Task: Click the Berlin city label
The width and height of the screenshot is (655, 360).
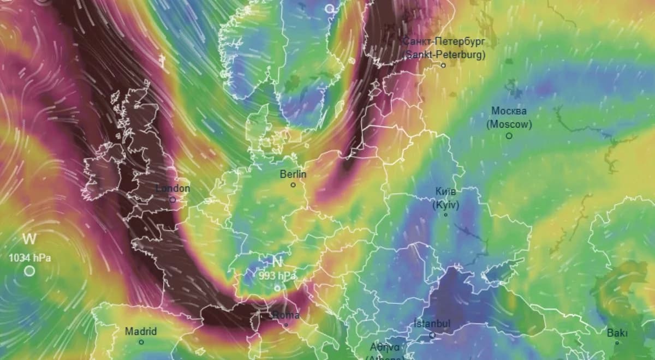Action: pos(293,175)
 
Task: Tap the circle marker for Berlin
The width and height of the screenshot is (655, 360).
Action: pos(293,185)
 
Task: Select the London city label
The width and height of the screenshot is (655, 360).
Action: pos(173,189)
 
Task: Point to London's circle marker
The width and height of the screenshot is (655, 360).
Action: pos(172,200)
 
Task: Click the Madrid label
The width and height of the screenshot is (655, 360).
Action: pos(141,332)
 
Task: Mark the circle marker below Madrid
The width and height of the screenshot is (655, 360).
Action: pos(141,342)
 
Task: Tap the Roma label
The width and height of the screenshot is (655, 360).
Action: pos(286,315)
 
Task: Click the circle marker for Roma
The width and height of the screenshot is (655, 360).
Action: pos(286,325)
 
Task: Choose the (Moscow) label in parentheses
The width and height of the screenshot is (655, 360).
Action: pos(509,124)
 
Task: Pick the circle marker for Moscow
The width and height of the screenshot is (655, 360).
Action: pos(509,135)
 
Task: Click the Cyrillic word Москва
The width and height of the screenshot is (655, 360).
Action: pos(509,111)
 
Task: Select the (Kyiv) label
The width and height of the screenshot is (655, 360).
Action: pos(446,205)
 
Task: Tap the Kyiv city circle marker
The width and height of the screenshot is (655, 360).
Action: pos(445,215)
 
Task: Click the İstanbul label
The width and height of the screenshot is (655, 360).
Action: pos(432,324)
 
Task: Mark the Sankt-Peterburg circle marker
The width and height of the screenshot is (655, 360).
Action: pos(443,65)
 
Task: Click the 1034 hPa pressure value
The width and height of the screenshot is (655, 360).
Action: pos(29,258)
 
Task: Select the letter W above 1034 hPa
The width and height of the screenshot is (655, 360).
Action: pos(29,239)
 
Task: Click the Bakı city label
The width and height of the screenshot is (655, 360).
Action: pos(617,333)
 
